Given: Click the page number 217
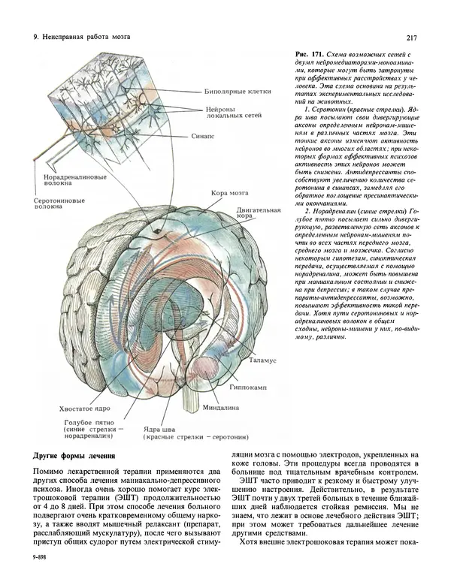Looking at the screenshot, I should (x=411, y=38).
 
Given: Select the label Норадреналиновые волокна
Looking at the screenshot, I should (x=64, y=182).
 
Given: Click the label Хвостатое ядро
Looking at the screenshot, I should (x=80, y=410).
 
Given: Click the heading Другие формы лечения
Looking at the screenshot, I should (x=74, y=457).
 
